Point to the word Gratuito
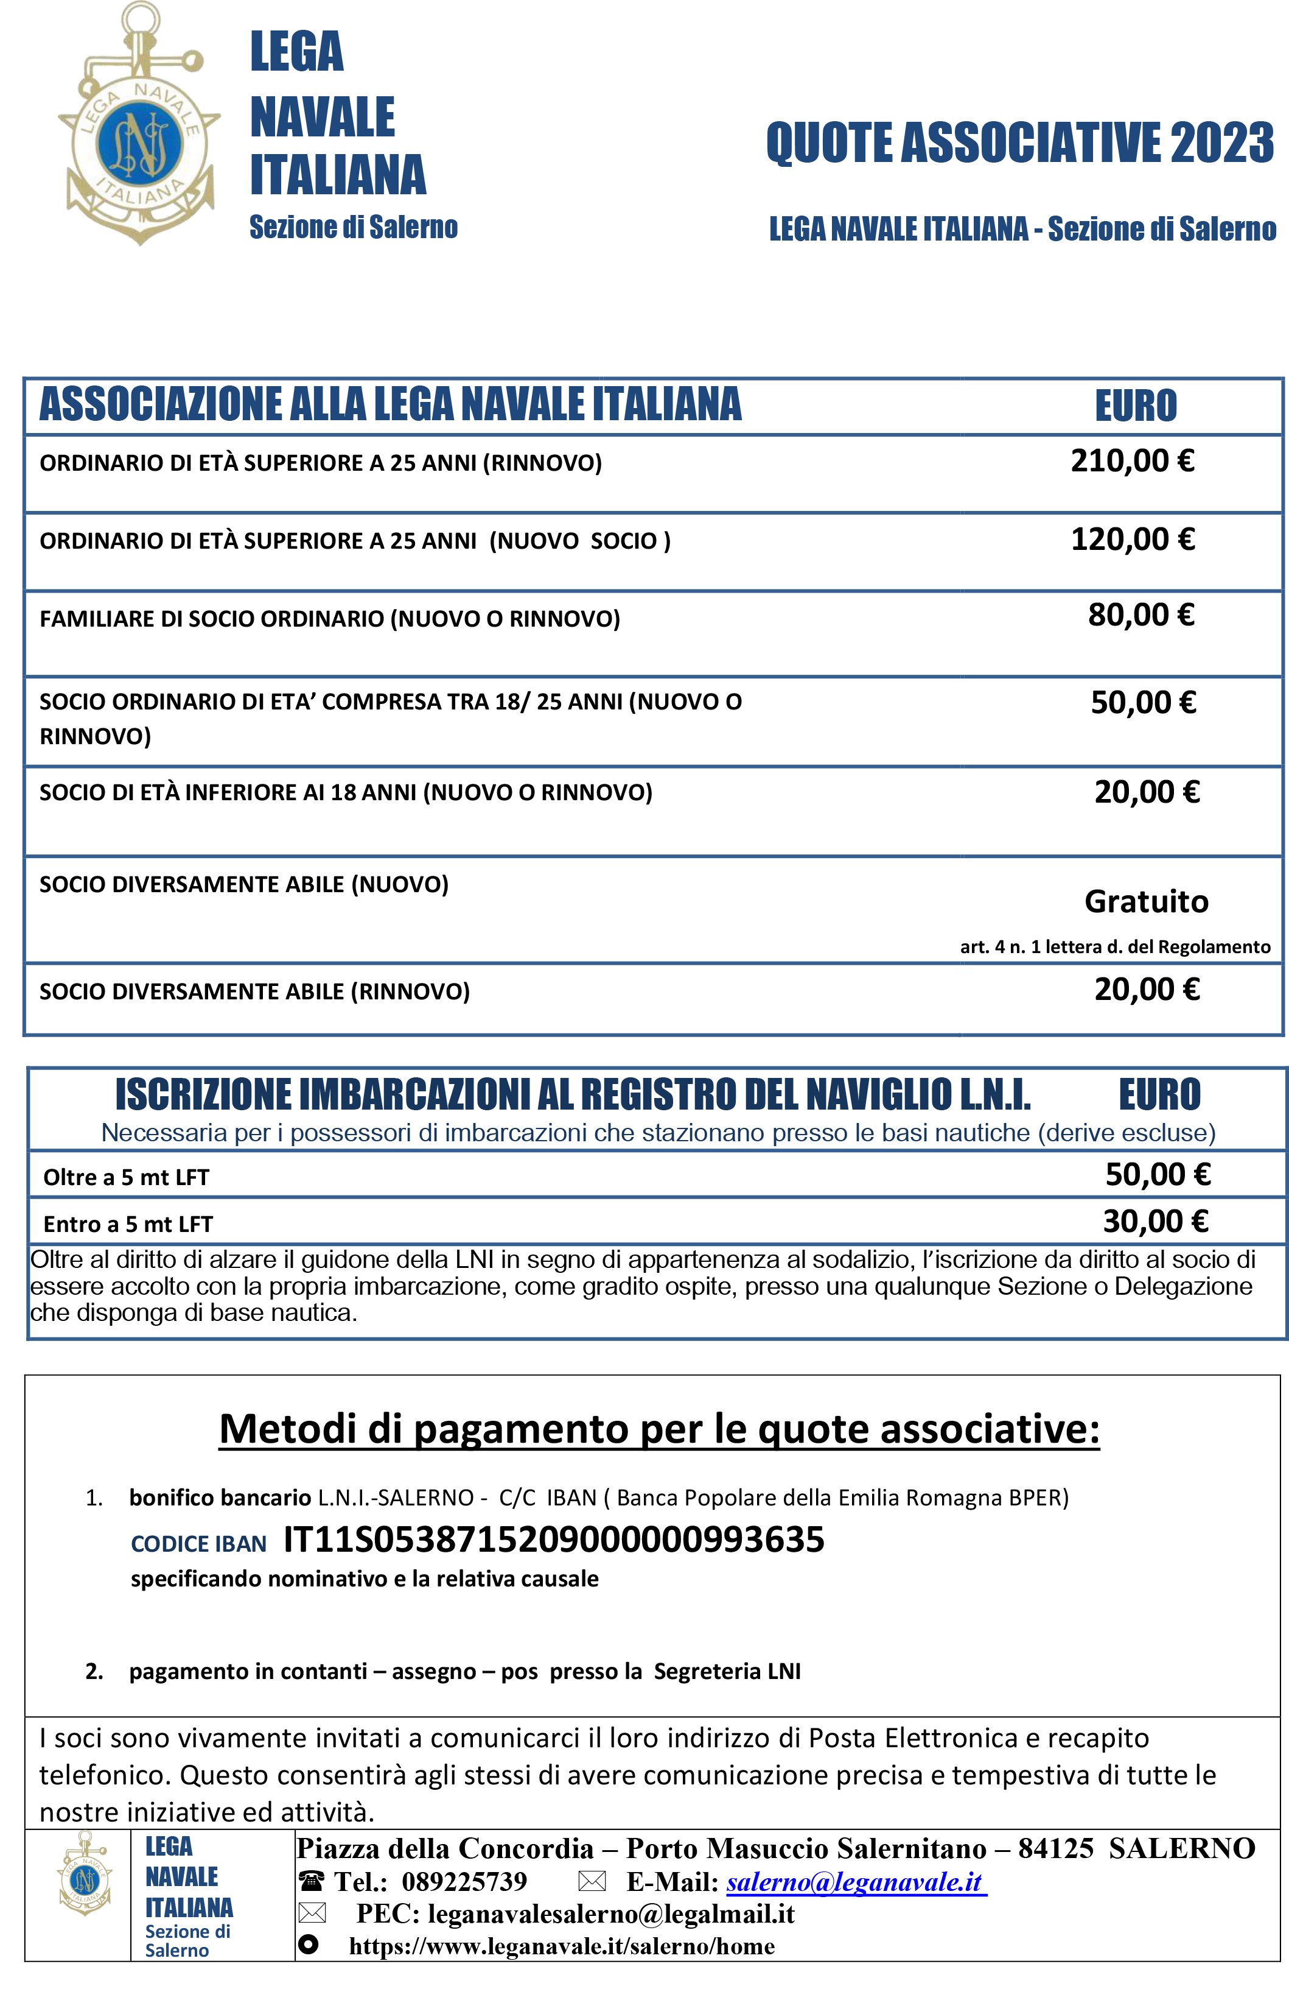point(1146,902)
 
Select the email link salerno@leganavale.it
point(856,1882)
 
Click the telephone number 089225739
point(464,1882)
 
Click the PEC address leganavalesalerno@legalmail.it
point(611,1913)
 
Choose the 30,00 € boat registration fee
point(1155,1222)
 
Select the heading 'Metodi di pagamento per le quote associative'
point(658,1429)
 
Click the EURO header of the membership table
point(1136,406)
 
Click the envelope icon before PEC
point(312,1913)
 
